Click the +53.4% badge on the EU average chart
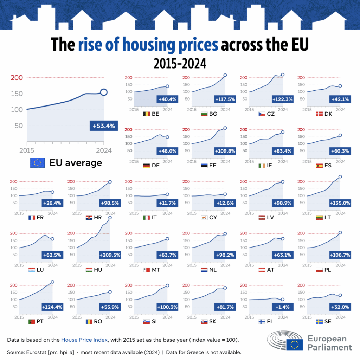point(104,126)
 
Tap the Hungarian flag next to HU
point(89,270)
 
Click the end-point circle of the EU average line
point(104,92)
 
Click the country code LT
point(328,217)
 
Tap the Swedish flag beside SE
point(319,321)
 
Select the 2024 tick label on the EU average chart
point(103,150)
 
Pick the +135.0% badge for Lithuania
point(340,203)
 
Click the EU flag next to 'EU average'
point(38,163)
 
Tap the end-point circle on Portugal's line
point(52,282)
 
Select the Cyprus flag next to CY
point(204,218)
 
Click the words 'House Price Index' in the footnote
point(84,340)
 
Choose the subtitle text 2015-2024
point(180,64)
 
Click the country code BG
point(213,114)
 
